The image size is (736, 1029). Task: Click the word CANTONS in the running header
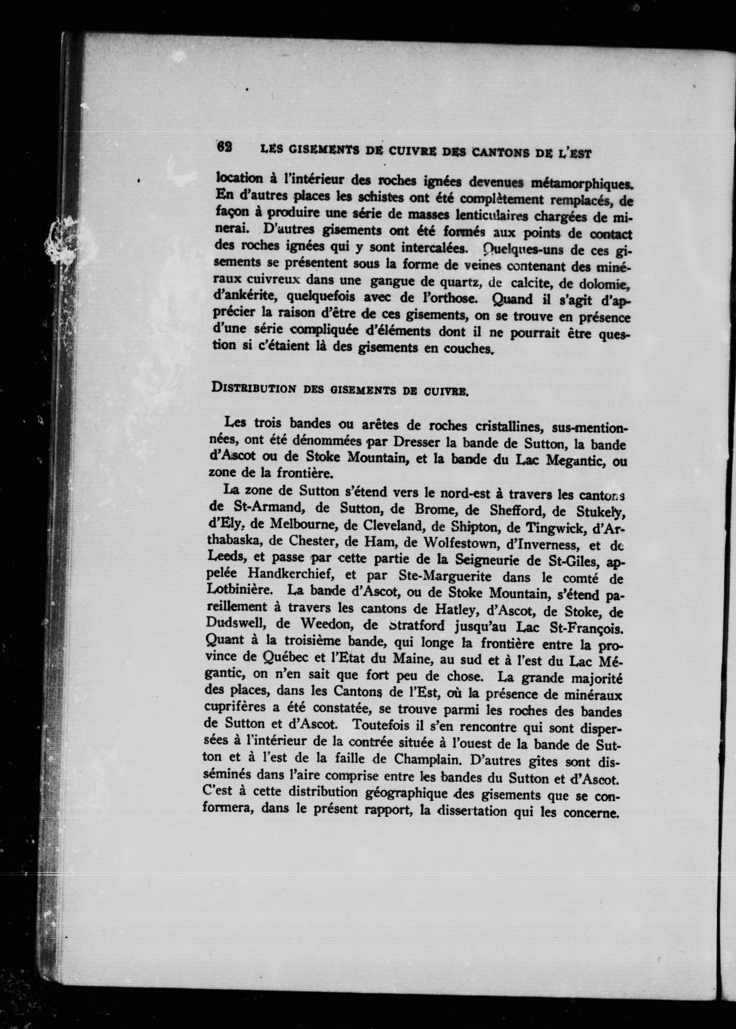(x=498, y=152)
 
